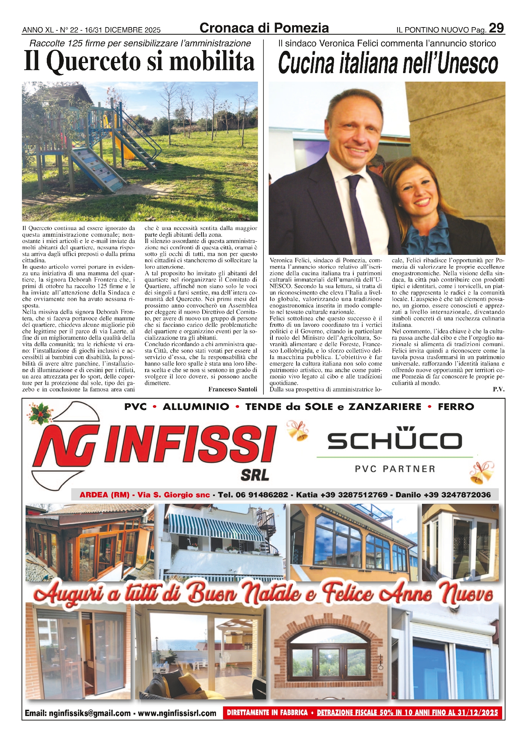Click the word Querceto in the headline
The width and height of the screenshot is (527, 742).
(x=94, y=61)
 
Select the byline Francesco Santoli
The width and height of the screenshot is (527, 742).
(x=232, y=389)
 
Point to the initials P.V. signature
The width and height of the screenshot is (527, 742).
(x=498, y=389)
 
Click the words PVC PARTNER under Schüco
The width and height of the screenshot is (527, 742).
(x=395, y=469)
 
